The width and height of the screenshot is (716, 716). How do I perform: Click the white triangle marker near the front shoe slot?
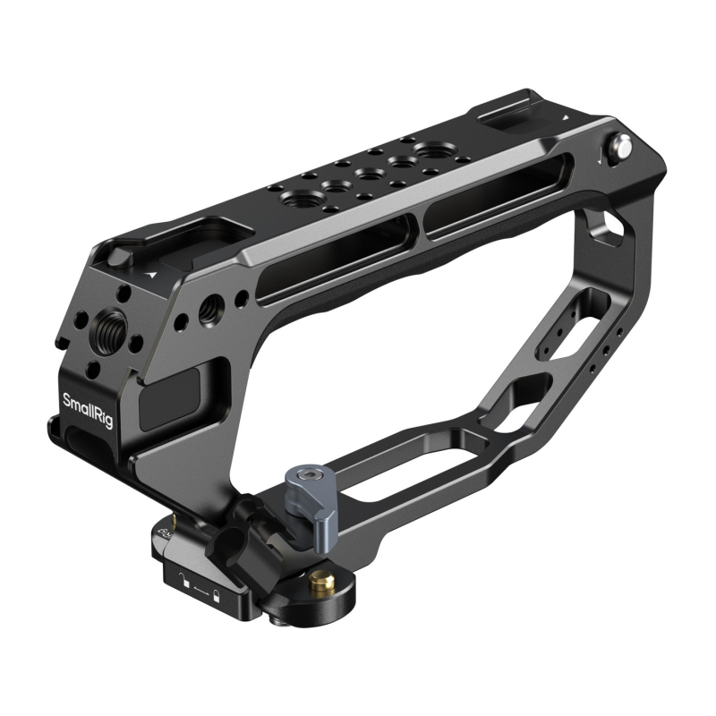(155, 271)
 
